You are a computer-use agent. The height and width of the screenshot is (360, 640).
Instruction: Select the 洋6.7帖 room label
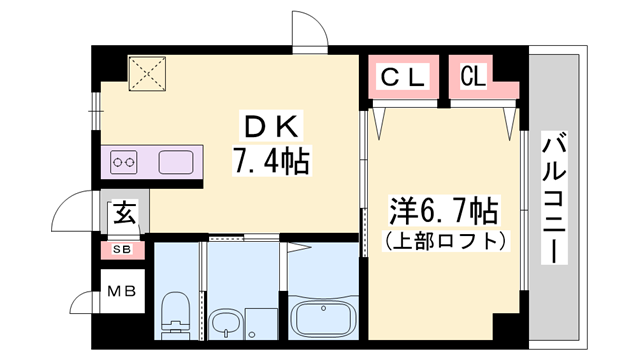(x=443, y=211)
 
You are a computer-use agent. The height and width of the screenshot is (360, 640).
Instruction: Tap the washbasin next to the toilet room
(x=227, y=323)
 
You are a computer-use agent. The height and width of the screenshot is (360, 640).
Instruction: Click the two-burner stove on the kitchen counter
(x=125, y=160)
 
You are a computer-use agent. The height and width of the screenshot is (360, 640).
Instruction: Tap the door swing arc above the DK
(x=310, y=30)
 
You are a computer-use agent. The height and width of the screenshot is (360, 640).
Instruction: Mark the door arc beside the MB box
(x=80, y=301)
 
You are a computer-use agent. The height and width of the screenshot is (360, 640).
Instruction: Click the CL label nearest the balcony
(x=474, y=75)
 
